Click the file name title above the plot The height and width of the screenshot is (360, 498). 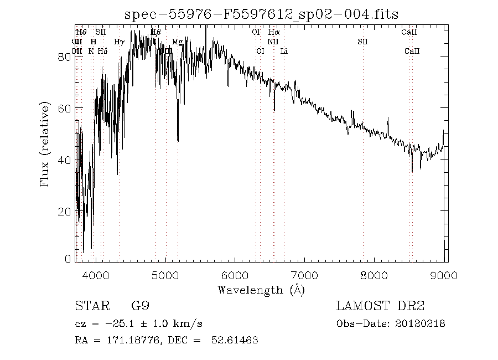pos(261,14)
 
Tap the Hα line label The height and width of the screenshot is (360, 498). pos(274,33)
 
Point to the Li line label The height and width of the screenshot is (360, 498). pos(284,51)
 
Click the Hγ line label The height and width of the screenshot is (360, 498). pos(119,42)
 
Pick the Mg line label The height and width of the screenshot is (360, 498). pos(177,42)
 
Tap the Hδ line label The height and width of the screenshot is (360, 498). pos(102,51)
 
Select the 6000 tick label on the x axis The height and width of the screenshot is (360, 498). pos(235,275)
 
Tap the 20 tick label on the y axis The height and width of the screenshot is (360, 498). pos(65,212)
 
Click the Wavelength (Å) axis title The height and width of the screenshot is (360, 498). pos(261,290)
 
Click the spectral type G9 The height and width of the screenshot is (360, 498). pos(140,306)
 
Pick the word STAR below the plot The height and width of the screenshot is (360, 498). pos(90,306)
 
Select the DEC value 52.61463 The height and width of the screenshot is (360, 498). pos(235,340)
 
